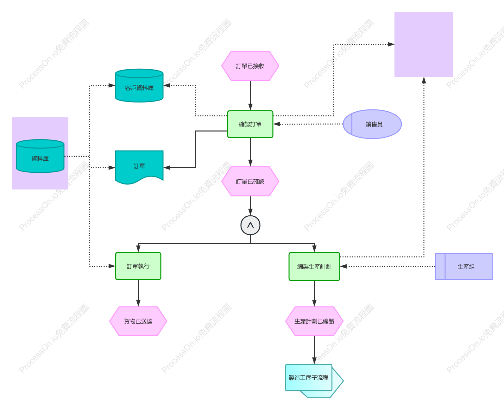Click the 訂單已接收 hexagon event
pyautogui.click(x=250, y=66)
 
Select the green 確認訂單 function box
pyautogui.click(x=250, y=124)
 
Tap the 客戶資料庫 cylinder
pyautogui.click(x=139, y=86)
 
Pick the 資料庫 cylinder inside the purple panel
pyautogui.click(x=40, y=156)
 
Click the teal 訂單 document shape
pyautogui.click(x=139, y=167)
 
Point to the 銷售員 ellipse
pyautogui.click(x=372, y=124)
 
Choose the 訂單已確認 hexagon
pyautogui.click(x=250, y=181)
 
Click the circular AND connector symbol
pyautogui.click(x=250, y=225)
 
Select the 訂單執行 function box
pyautogui.click(x=138, y=266)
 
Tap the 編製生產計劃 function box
pyautogui.click(x=314, y=267)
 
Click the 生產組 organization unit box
pyautogui.click(x=464, y=266)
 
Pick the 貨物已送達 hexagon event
pyautogui.click(x=138, y=321)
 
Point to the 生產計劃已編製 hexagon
pyautogui.click(x=314, y=321)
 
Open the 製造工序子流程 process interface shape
pyautogui.click(x=314, y=381)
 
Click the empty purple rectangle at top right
pyautogui.click(x=424, y=45)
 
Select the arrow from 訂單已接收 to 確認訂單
pyautogui.click(x=250, y=96)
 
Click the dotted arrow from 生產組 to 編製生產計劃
pyautogui.click(x=388, y=266)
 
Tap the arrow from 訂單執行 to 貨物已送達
pyautogui.click(x=138, y=293)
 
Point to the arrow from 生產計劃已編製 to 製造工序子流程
pyautogui.click(x=314, y=350)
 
